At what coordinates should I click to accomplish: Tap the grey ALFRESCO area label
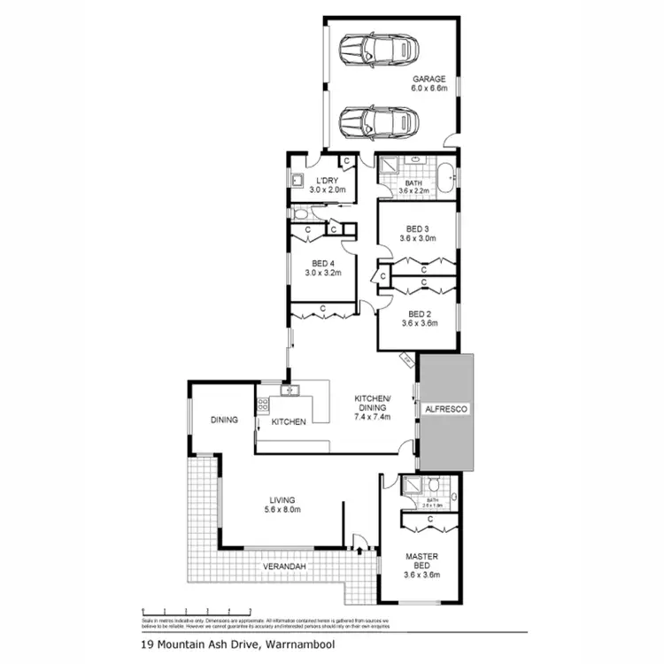(x=445, y=409)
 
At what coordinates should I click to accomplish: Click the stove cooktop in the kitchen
(x=262, y=406)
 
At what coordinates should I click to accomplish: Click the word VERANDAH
(x=283, y=566)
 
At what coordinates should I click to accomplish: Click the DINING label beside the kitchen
(x=224, y=420)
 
